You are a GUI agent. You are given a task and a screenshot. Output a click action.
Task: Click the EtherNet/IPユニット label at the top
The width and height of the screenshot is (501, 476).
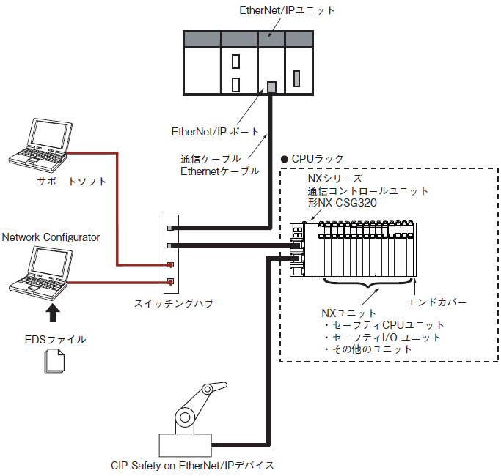tap(287, 10)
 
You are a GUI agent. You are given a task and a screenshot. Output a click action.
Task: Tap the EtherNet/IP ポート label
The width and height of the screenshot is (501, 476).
tap(215, 131)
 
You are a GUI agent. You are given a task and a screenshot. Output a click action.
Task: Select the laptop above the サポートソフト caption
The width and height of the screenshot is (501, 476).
tap(40, 145)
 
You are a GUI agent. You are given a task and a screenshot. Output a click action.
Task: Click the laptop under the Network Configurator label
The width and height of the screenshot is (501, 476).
tap(41, 273)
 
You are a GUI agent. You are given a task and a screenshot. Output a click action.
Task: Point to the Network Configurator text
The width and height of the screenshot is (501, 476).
tap(51, 237)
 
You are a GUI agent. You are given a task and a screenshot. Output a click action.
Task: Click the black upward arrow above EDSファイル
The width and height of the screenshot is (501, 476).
tap(53, 313)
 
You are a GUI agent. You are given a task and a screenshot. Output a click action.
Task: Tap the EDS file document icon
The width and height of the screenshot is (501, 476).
tap(54, 361)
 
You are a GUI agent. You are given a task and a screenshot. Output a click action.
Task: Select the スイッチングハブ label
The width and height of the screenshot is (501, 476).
tap(174, 303)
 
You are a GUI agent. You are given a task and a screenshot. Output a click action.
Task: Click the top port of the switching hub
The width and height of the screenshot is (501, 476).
tap(171, 228)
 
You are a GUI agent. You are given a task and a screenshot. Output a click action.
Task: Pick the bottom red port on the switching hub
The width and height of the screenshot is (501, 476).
tap(171, 282)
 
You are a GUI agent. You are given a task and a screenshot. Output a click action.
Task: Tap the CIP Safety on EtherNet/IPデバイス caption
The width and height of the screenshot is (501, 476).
tap(192, 466)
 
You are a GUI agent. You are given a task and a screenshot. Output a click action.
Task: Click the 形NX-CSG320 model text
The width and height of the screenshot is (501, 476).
tap(343, 203)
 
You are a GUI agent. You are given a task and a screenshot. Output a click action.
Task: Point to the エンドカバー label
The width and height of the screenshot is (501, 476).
tap(436, 302)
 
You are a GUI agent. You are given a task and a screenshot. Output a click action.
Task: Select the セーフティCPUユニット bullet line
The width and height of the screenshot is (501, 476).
tap(384, 325)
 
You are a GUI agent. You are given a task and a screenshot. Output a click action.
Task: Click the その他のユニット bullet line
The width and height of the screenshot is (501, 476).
tap(367, 349)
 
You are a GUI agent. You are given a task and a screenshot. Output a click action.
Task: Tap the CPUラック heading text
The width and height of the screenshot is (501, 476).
tap(318, 159)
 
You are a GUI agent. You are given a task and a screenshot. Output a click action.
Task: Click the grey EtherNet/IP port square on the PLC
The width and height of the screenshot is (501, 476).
tap(271, 86)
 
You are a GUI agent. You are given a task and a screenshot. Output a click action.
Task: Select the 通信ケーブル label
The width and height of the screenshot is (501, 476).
tap(211, 159)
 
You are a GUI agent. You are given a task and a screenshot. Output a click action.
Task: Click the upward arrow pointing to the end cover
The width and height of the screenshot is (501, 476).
tap(414, 287)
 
